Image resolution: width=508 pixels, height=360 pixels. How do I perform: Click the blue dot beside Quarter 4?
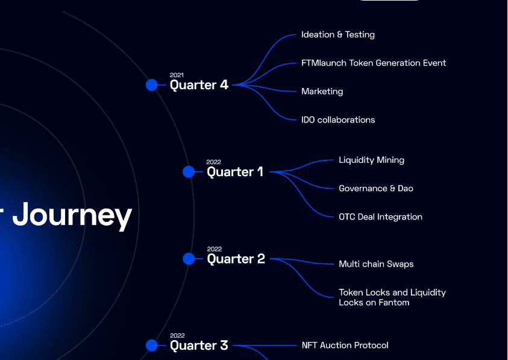pos(152,85)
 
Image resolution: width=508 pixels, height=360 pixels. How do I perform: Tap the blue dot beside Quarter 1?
pos(189,172)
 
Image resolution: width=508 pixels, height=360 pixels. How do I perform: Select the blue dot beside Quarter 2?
pos(189,259)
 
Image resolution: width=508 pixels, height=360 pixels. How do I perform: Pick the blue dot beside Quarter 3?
pos(152,346)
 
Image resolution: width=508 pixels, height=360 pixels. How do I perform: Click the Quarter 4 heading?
pos(199,85)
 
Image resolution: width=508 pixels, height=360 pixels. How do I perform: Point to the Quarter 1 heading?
pos(235,172)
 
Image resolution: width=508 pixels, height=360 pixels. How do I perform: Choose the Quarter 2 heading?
pos(236,259)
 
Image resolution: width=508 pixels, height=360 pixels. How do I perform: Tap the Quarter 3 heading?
pos(199,346)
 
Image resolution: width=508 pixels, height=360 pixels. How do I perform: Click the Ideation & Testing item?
pos(338,35)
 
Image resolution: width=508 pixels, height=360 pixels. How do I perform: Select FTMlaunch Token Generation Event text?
pos(374,63)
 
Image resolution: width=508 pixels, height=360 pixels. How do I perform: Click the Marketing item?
pos(322,92)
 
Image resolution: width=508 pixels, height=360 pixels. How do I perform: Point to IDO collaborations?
pos(338,120)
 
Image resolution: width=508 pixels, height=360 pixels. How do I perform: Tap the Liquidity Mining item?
pos(371,160)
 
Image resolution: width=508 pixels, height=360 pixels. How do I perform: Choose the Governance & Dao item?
pos(376,189)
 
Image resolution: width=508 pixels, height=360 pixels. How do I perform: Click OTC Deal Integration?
pos(380,217)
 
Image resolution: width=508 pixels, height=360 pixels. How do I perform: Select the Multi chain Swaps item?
pos(376,264)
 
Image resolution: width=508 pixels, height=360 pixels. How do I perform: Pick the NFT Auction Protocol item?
pos(345,346)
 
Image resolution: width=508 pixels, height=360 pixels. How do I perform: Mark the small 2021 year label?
pos(177,75)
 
